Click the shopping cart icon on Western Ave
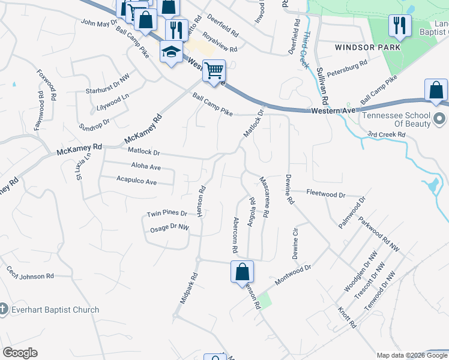tap(214, 71)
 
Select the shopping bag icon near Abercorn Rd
tap(242, 271)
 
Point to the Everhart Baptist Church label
tap(55, 310)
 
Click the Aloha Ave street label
tap(146, 167)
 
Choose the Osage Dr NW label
tap(169, 228)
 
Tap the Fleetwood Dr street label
tap(326, 194)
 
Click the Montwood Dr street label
tap(294, 275)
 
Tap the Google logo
tap(20, 353)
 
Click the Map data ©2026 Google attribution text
tap(412, 355)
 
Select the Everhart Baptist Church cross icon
tap(4, 310)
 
